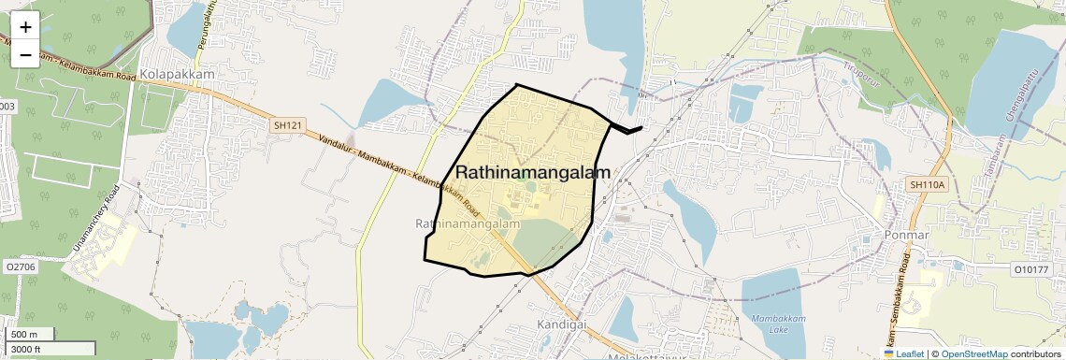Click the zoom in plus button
click(25, 26)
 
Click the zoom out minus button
click(25, 54)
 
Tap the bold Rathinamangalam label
click(533, 173)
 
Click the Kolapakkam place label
click(183, 74)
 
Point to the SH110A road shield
click(928, 185)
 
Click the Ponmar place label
click(906, 235)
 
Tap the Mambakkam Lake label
click(773, 324)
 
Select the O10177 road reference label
click(1033, 268)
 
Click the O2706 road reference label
click(20, 267)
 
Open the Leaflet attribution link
click(903, 353)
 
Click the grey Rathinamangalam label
click(467, 224)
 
